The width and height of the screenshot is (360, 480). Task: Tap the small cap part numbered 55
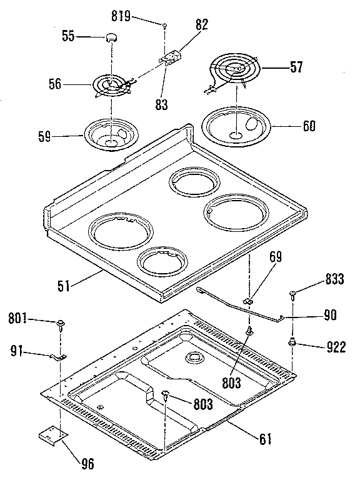coord(112,37)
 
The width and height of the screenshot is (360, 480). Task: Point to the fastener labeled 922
coord(291,342)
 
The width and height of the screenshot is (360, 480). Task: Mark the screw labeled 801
coord(61,324)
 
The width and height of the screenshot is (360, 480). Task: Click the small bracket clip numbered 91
coord(57,357)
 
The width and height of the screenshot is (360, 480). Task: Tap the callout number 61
coord(266,439)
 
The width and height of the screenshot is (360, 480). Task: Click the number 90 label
coord(331,316)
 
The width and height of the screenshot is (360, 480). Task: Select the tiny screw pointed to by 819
coord(164,26)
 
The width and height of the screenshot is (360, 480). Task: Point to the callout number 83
coord(162,105)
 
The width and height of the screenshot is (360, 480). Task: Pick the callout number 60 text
coord(309,126)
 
